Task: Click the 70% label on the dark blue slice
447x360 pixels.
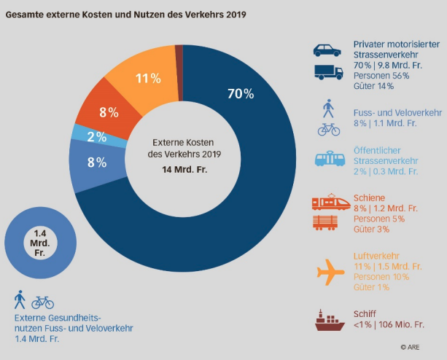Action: click(x=240, y=94)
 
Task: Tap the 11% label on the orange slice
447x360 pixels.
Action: click(x=148, y=78)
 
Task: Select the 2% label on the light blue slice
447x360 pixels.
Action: click(x=97, y=136)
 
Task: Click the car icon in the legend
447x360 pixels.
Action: click(x=327, y=50)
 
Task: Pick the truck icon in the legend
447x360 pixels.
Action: click(x=327, y=71)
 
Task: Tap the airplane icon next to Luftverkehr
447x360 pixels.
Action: click(x=330, y=272)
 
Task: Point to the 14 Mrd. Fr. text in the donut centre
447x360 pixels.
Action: click(x=183, y=169)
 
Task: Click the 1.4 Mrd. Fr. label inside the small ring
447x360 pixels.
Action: click(x=39, y=243)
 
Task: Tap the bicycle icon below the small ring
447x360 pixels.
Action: click(x=42, y=302)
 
